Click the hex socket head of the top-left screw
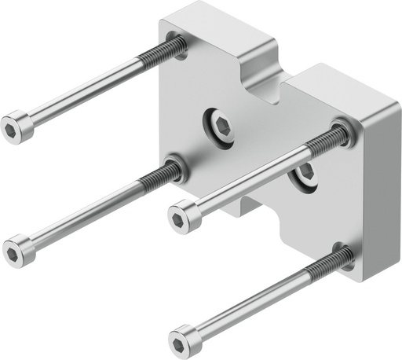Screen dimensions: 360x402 [x=17, y=128]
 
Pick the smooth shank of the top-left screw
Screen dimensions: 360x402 [x=86, y=91]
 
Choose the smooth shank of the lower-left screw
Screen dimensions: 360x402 [x=86, y=212]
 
